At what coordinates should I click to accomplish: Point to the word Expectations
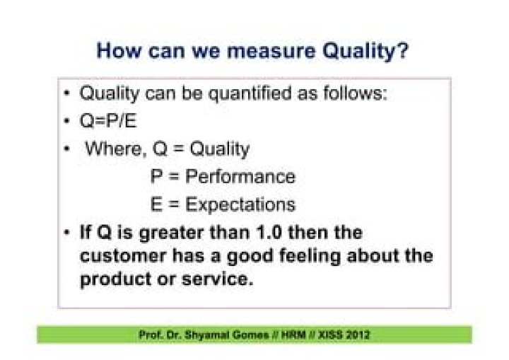click(240, 205)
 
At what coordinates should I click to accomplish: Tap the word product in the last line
click(112, 279)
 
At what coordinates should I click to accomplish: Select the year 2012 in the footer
click(356, 335)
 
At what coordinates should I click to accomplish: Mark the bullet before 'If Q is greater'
click(66, 233)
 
